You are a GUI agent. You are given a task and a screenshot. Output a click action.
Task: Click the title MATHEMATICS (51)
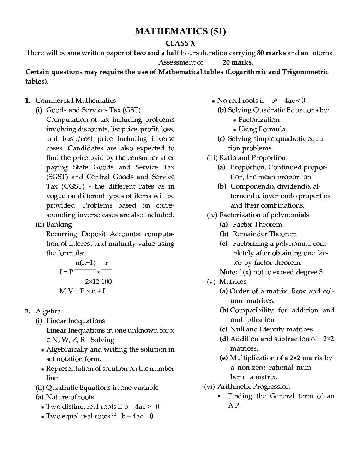pyautogui.click(x=180, y=31)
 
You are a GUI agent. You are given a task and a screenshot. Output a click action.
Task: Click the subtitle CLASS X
pyautogui.click(x=180, y=43)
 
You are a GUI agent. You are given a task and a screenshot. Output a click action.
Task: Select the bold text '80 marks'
pyautogui.click(x=271, y=53)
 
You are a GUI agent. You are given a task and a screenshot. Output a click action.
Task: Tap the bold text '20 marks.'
pyautogui.click(x=238, y=62)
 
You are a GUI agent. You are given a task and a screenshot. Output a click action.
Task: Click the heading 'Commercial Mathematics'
pyautogui.click(x=76, y=101)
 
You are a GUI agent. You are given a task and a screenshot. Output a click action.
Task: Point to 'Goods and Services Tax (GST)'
pyautogui.click(x=93, y=110)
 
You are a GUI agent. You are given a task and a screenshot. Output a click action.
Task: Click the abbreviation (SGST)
pyautogui.click(x=57, y=177)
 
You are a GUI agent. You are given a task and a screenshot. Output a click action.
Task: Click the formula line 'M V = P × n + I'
pyautogui.click(x=82, y=291)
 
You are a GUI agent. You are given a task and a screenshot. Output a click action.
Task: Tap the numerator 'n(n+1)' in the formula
pyautogui.click(x=85, y=263)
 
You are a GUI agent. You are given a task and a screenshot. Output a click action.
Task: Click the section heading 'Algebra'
pyautogui.click(x=48, y=311)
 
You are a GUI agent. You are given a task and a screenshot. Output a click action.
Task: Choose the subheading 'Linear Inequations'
pyautogui.click(x=75, y=321)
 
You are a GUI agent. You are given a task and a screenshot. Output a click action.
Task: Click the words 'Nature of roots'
pyautogui.click(x=70, y=397)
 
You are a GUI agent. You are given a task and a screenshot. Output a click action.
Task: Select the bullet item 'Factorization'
pyautogui.click(x=259, y=120)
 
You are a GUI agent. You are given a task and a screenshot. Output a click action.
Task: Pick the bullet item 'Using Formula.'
pyautogui.click(x=262, y=129)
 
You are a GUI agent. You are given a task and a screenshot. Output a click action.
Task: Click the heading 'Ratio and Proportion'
pyautogui.click(x=252, y=158)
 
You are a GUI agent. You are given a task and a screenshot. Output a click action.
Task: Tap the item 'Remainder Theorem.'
pyautogui.click(x=265, y=234)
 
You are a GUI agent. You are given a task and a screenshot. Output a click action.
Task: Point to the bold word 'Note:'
pyautogui.click(x=228, y=272)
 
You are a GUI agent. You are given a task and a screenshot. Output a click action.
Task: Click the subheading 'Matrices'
pyautogui.click(x=233, y=282)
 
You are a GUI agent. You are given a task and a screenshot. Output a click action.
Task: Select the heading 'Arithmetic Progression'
pyautogui.click(x=253, y=387)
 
